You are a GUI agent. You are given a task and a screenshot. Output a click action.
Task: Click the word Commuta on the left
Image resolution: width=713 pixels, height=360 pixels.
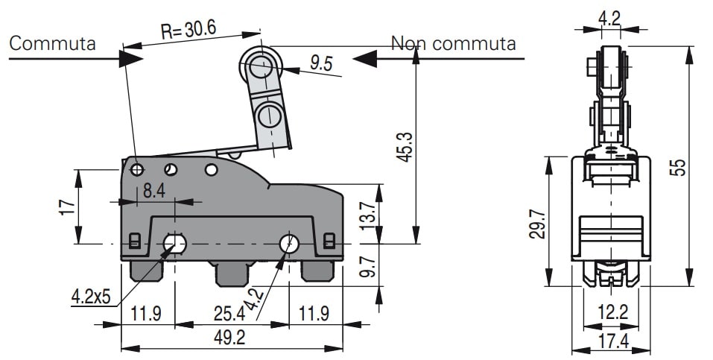pos(52,43)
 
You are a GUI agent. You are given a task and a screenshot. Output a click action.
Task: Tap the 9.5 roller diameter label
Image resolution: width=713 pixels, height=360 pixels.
pos(322,63)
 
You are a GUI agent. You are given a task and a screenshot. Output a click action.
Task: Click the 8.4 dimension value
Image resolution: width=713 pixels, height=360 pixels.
pos(154,191)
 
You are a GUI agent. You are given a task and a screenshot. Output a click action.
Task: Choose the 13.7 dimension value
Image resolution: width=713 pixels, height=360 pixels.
pos(365,215)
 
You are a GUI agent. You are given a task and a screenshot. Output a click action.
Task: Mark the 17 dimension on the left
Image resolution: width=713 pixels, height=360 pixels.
pos(66,206)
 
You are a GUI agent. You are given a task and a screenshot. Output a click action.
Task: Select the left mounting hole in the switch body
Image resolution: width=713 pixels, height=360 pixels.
pos(175,244)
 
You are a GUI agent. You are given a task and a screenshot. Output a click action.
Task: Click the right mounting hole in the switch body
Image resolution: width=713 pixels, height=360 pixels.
pos(289,244)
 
